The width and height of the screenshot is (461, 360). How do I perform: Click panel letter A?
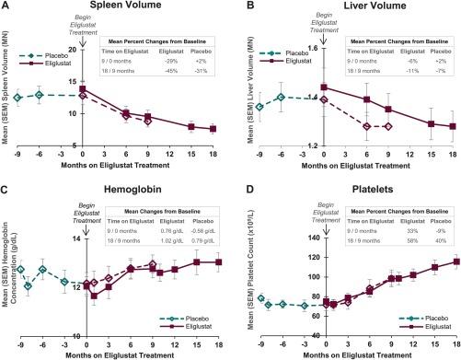pyautogui.click(x=6, y=7)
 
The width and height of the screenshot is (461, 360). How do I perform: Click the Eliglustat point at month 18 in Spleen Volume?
pyautogui.click(x=213, y=129)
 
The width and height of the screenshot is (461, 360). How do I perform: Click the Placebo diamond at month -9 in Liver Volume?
pyautogui.click(x=259, y=107)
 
